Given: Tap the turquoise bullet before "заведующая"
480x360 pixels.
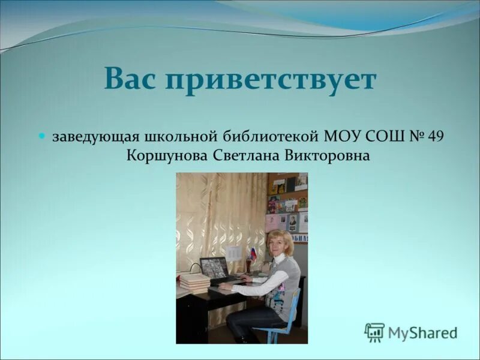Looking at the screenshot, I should (x=42, y=136).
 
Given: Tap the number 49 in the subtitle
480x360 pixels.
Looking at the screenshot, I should (x=437, y=136).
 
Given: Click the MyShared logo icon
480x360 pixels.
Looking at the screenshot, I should (x=374, y=332).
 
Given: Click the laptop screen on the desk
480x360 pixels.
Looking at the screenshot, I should (x=214, y=268).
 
